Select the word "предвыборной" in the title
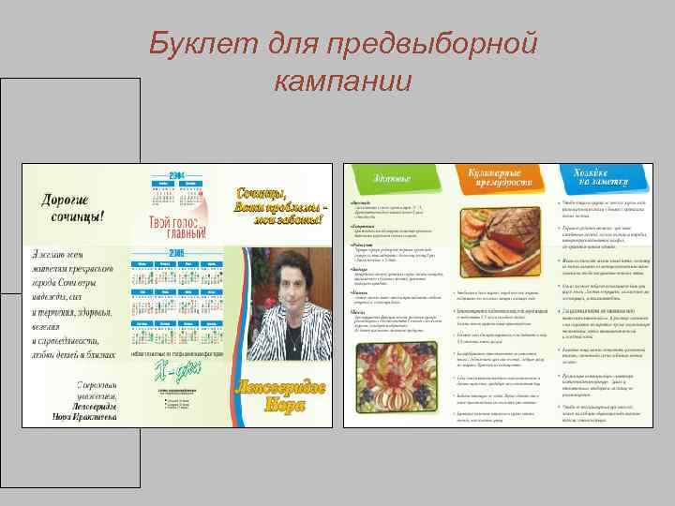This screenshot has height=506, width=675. [430, 44]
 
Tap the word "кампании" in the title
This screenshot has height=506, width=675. [342, 81]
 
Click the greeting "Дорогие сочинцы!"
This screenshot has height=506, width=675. [71, 207]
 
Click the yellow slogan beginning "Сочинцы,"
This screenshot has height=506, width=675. [280, 205]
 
